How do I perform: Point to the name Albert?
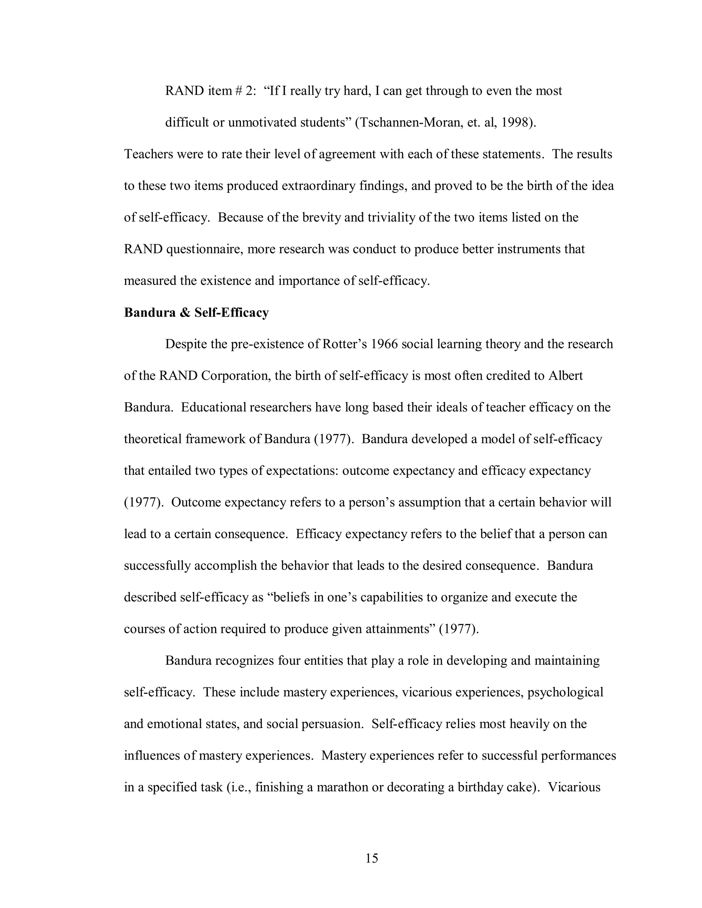(565, 376)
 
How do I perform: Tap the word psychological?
(565, 692)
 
